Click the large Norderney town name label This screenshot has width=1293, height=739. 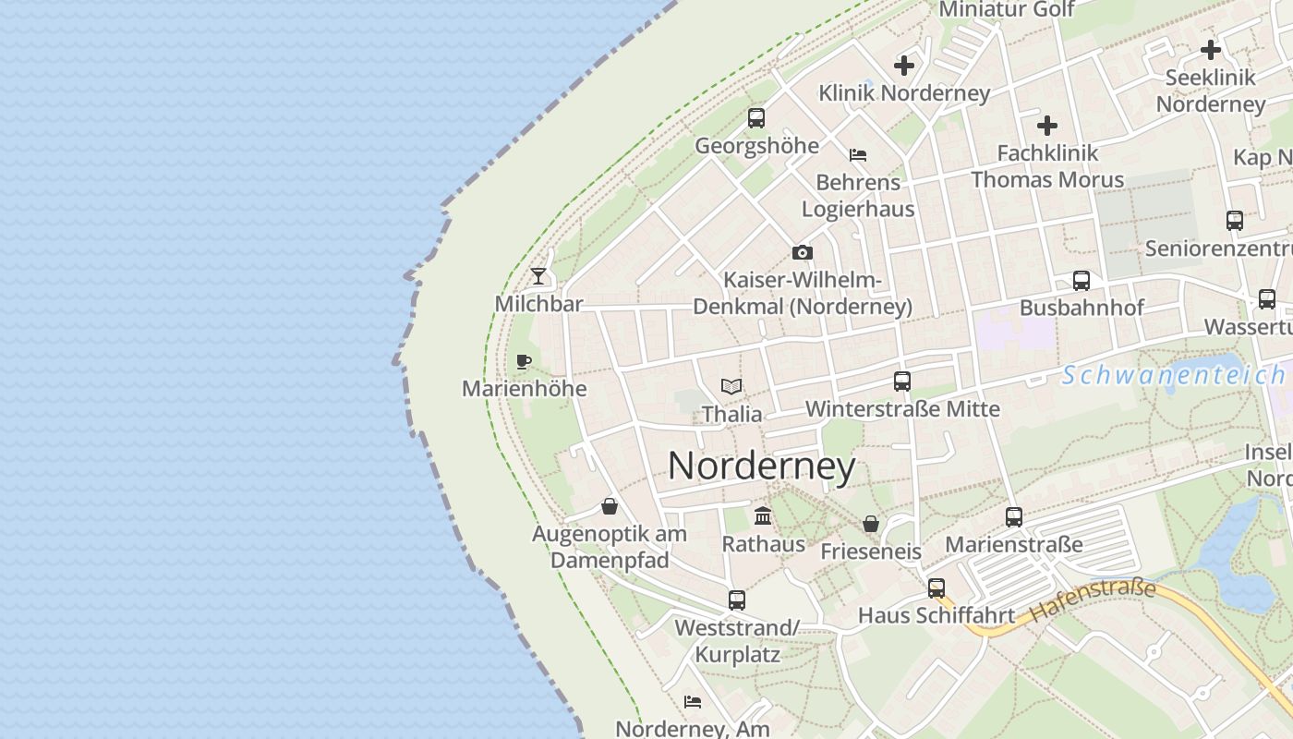[761, 466]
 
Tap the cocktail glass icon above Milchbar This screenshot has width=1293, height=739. [538, 276]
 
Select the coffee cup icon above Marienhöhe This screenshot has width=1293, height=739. [524, 361]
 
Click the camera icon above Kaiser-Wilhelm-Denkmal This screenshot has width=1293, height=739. [802, 252]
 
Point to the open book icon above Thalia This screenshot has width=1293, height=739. [731, 386]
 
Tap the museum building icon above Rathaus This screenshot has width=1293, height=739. [763, 515]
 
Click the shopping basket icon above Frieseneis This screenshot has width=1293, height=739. [870, 524]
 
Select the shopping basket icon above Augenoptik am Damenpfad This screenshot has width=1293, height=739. [610, 505]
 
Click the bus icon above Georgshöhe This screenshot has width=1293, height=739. [756, 117]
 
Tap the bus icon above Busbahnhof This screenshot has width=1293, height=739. [1081, 280]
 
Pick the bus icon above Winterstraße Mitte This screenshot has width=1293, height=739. [902, 381]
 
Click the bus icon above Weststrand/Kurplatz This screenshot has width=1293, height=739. [736, 600]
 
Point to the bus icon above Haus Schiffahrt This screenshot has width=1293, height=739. [936, 588]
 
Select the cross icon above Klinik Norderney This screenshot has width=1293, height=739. [904, 66]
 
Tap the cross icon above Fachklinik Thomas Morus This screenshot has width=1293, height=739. [1047, 125]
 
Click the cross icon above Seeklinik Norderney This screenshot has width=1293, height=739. [1211, 49]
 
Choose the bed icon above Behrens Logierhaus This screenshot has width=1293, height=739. [858, 154]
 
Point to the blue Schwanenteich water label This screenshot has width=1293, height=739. [1173, 375]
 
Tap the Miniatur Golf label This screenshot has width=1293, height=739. [1006, 9]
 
